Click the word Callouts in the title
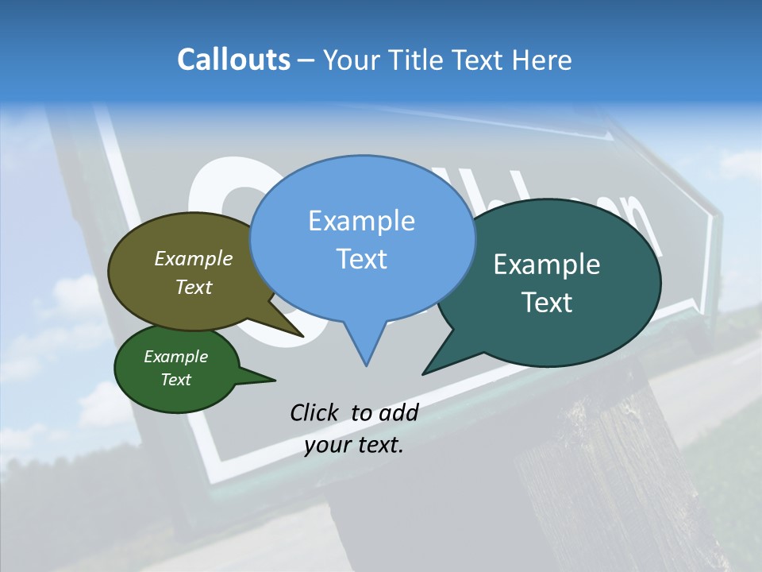click(233, 60)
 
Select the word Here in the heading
click(542, 60)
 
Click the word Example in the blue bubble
click(361, 221)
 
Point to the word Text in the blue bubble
click(361, 259)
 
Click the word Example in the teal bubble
click(547, 265)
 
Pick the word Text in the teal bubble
click(547, 303)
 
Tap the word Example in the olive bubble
click(194, 258)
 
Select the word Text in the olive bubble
click(194, 287)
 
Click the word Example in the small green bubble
click(176, 357)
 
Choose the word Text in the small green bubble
click(176, 380)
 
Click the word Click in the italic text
click(316, 412)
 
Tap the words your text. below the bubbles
click(354, 445)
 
